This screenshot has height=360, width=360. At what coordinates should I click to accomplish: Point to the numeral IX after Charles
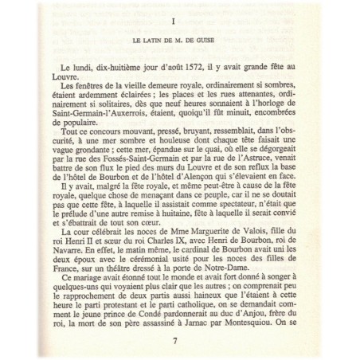(x=184, y=249)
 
